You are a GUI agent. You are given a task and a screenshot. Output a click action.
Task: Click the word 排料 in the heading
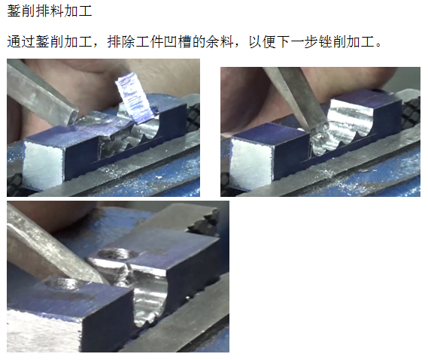(50, 11)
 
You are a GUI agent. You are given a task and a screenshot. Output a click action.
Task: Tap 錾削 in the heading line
(21, 11)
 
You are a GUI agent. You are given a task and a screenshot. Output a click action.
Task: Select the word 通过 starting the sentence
(21, 42)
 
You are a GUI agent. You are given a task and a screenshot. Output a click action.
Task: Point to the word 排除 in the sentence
(121, 42)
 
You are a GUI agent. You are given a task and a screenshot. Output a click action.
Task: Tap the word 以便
(263, 42)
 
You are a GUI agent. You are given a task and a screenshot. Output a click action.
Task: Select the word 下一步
(299, 42)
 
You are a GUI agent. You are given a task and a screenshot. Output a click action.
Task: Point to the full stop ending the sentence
(378, 45)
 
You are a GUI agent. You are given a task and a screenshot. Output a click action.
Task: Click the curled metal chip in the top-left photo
(135, 98)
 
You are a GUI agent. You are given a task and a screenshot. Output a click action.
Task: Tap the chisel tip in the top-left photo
(74, 118)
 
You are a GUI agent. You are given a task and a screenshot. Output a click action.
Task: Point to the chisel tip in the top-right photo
(318, 129)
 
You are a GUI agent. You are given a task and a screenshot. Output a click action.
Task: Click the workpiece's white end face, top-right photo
(252, 163)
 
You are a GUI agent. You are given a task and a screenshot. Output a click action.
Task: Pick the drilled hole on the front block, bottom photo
(63, 284)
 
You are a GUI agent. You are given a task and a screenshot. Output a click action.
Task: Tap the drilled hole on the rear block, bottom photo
(118, 254)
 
